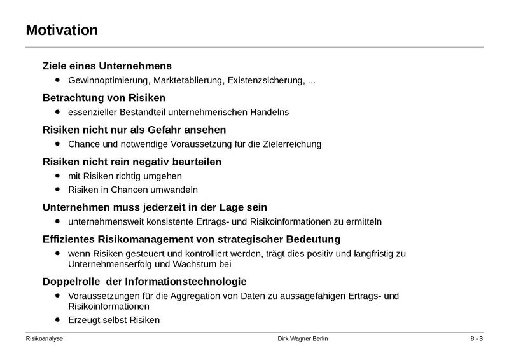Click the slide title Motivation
click(62, 30)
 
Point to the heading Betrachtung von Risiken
click(103, 98)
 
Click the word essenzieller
click(92, 113)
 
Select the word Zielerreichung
click(289, 144)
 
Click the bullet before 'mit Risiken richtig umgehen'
click(58, 174)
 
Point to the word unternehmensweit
click(105, 222)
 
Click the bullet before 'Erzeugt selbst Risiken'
click(58, 319)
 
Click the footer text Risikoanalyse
click(44, 338)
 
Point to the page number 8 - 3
click(472, 338)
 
